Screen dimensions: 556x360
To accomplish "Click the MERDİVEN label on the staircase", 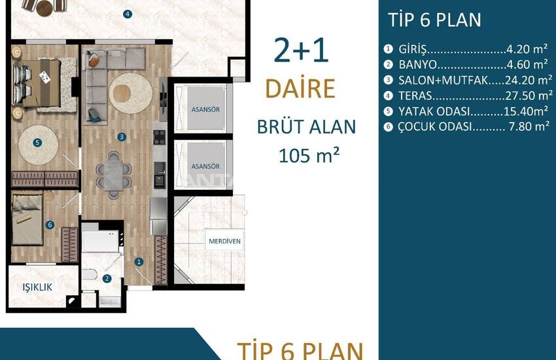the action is (x=224, y=241).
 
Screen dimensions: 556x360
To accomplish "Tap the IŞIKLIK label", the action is (x=37, y=287).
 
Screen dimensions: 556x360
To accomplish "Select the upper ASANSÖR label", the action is (x=205, y=109).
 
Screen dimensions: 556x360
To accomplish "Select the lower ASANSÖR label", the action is (x=205, y=166).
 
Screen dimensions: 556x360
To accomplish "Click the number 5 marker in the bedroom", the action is (x=37, y=143).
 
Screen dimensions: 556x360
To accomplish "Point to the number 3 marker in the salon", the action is (x=122, y=137).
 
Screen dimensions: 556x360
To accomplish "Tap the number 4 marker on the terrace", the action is (x=128, y=14).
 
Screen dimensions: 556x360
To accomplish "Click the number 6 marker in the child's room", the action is (x=50, y=225).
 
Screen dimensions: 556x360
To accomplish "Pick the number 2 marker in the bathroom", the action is (x=107, y=279).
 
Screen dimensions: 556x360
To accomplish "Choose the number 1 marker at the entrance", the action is (x=139, y=262).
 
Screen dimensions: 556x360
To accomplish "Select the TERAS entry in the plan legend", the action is (x=415, y=96).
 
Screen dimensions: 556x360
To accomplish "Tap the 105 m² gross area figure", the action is (x=309, y=155).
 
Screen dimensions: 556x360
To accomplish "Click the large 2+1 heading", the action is (x=301, y=50).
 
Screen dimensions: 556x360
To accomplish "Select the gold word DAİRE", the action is (x=300, y=88).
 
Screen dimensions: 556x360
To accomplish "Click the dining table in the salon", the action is (x=113, y=175).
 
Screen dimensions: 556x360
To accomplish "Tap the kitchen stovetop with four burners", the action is (x=159, y=137).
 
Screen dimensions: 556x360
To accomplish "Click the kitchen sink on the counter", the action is (x=160, y=180).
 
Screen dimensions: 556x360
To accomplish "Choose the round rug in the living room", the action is (x=130, y=94).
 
